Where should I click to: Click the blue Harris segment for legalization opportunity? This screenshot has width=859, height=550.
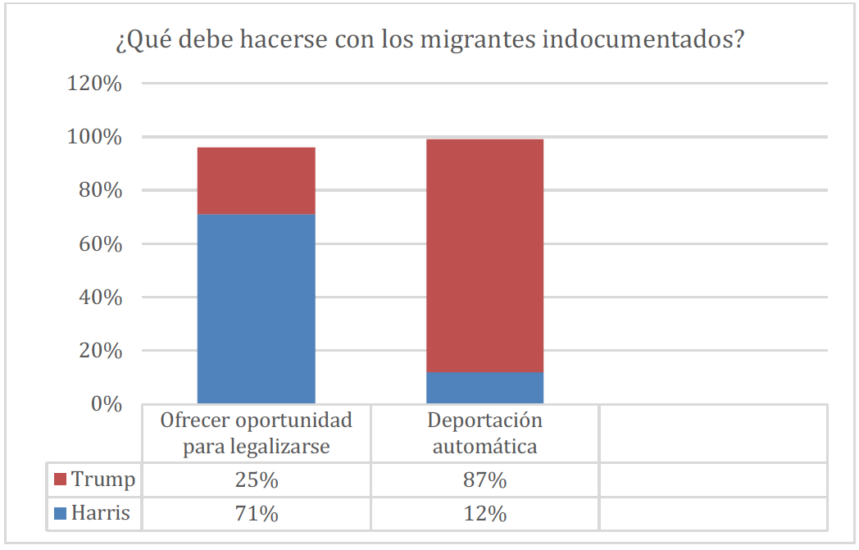pos(257,308)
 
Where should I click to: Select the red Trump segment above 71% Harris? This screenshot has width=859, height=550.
pos(257,180)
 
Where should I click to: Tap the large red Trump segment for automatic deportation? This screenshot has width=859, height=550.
pos(484,255)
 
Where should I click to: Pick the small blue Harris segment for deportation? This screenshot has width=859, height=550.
pos(484,388)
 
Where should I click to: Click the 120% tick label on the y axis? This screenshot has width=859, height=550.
pos(94,84)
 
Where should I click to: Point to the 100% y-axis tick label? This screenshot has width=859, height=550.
pos(94,138)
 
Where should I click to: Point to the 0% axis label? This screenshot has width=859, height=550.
pos(105,404)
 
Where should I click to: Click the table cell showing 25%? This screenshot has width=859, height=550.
pos(257,480)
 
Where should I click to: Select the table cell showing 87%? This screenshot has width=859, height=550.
pos(484,480)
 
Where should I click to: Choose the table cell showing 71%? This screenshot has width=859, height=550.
pos(257,514)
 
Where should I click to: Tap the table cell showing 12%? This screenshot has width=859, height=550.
pos(484,514)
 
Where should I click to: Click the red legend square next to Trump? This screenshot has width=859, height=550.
pos(59,479)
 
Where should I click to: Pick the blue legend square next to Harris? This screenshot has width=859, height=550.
pos(59,514)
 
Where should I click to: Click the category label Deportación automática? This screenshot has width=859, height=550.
pos(484,434)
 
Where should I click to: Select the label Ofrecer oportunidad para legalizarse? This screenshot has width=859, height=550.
pos(257,434)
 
